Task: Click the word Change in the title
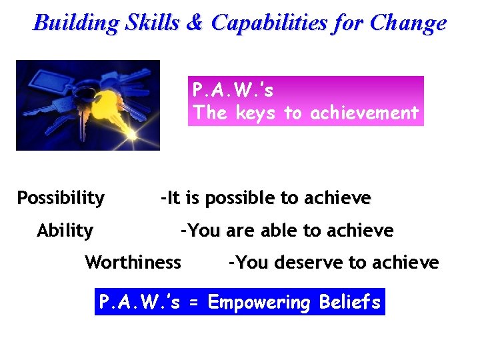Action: pyautogui.click(x=408, y=23)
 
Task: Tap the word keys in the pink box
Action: pyautogui.click(x=257, y=113)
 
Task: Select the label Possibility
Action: pyautogui.click(x=61, y=198)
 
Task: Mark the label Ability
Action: pyautogui.click(x=65, y=231)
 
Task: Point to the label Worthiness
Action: pyautogui.click(x=133, y=262)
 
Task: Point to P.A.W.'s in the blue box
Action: pyautogui.click(x=139, y=303)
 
